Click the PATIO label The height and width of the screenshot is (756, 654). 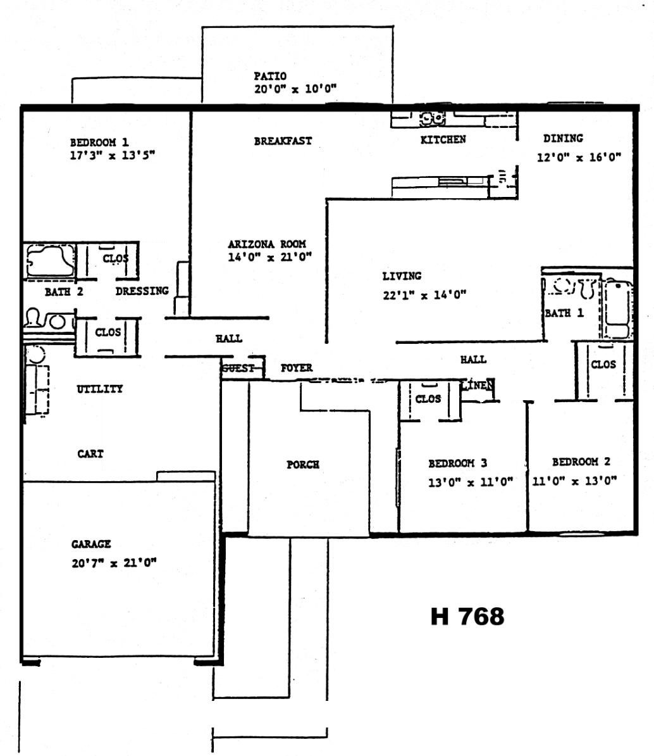click(269, 76)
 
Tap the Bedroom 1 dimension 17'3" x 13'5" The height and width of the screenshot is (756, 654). click(112, 155)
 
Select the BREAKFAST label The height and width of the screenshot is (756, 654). click(283, 141)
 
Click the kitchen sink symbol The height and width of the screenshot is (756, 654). click(432, 117)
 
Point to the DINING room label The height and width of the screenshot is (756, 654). click(563, 139)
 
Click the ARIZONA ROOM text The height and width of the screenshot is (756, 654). click(267, 244)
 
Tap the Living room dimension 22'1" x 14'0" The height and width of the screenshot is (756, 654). click(424, 294)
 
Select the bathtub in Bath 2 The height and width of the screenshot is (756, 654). click(50, 261)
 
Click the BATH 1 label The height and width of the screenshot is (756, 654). click(564, 313)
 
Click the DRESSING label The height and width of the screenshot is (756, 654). click(142, 291)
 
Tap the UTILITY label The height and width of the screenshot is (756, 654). click(100, 389)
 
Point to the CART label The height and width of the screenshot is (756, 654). click(90, 454)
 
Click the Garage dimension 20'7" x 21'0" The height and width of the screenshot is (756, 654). click(114, 563)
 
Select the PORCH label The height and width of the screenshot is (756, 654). click(303, 464)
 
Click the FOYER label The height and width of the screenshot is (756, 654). click(297, 368)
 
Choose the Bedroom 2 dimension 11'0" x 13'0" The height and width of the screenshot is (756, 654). click(574, 481)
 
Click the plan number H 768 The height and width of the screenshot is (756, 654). click(467, 616)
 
